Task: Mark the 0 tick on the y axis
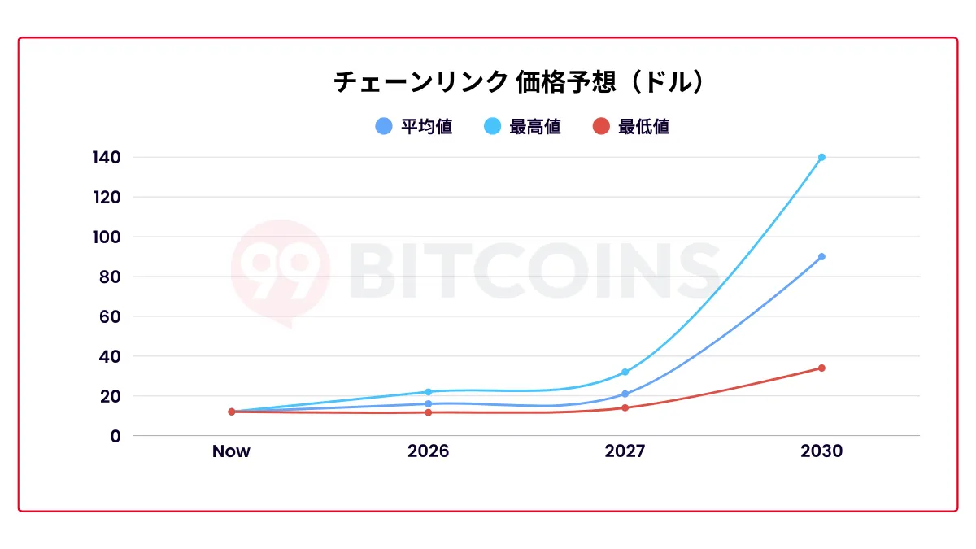[x=115, y=436]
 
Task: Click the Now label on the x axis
[x=231, y=451]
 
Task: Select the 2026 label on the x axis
[x=428, y=451]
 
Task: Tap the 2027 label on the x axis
[x=625, y=451]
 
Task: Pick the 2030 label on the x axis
[x=821, y=451]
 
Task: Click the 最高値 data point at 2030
[x=821, y=157]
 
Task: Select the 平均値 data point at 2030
[x=821, y=256]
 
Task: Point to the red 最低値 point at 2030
[x=821, y=368]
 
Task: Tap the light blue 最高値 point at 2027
[x=625, y=372]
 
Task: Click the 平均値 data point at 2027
[x=625, y=394]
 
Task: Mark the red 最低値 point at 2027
[x=625, y=407]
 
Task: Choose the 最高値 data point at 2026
[x=428, y=392]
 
